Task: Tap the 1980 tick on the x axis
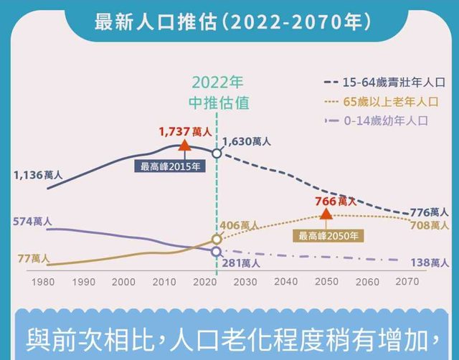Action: point(44,282)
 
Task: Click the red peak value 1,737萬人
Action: point(184,132)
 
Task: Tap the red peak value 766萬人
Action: point(335,202)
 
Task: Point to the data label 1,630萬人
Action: point(247,142)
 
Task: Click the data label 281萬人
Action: point(240,262)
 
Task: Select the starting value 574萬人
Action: point(32,222)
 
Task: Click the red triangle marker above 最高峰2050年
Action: point(326,212)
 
